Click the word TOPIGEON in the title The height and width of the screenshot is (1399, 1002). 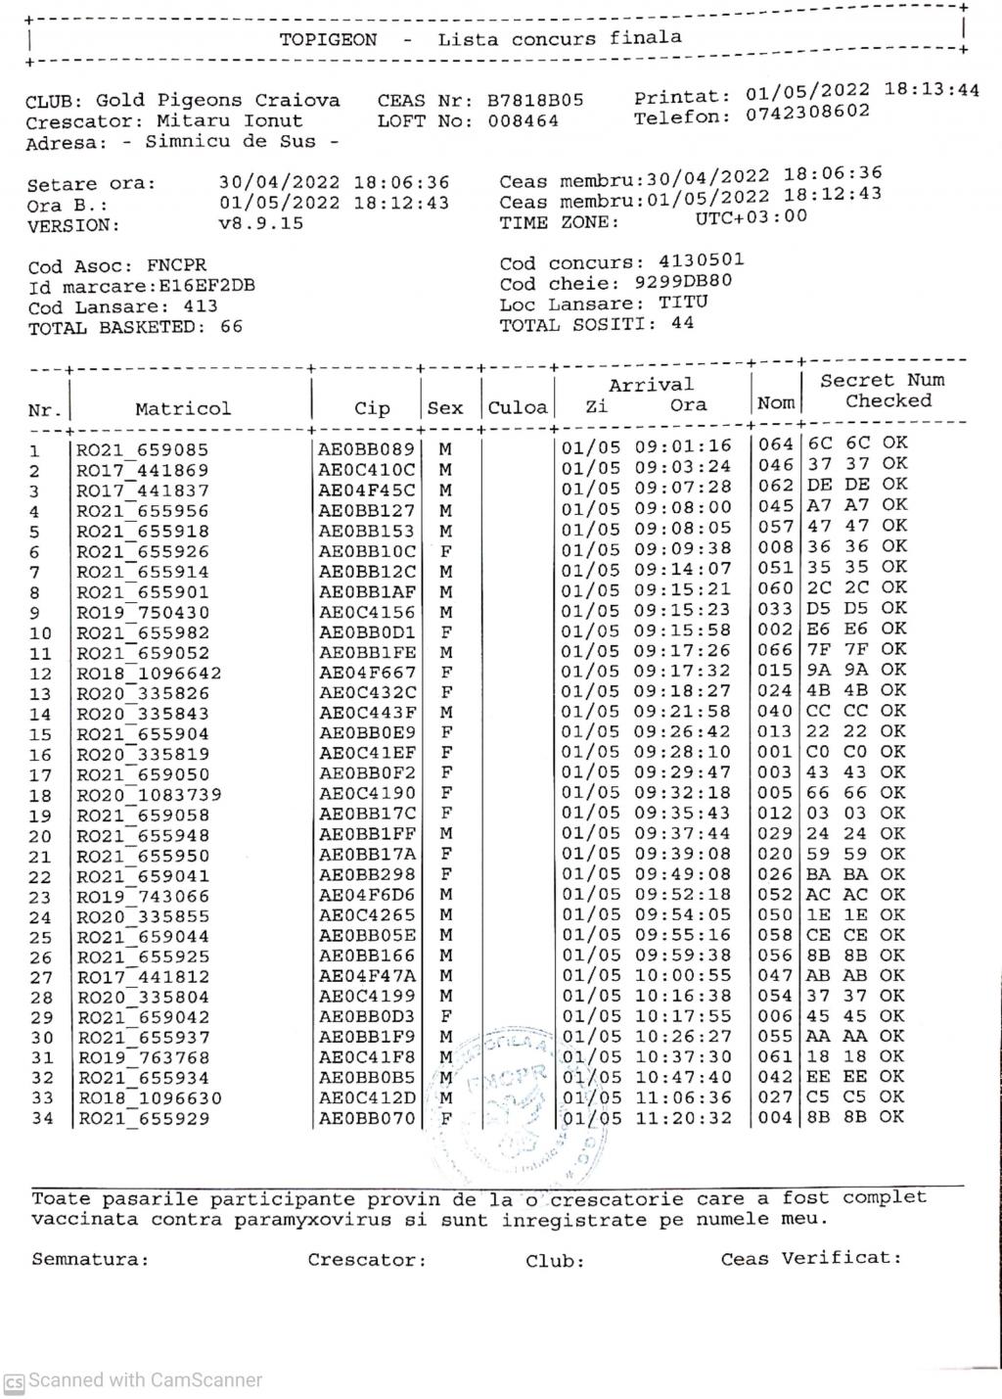tap(328, 40)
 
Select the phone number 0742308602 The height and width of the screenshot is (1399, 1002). tap(807, 113)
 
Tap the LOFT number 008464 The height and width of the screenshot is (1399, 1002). tap(524, 121)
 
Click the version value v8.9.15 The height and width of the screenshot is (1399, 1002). tap(261, 223)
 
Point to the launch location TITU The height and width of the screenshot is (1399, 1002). tap(683, 303)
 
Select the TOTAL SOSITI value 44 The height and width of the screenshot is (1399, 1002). tap(682, 323)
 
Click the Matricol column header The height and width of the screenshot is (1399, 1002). tap(183, 408)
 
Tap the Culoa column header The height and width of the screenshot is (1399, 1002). tap(518, 407)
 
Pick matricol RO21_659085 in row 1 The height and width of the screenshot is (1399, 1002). tap(143, 451)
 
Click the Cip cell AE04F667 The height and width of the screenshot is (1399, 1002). tap(367, 673)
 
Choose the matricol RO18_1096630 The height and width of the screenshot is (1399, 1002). tap(150, 1098)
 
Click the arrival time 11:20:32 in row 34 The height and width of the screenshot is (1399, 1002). tap(683, 1117)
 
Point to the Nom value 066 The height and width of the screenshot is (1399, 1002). tap(775, 649)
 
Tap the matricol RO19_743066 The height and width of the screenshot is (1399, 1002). tap(143, 897)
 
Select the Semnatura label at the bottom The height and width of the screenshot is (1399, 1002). tap(90, 1259)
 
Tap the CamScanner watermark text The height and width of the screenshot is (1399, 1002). tap(144, 1380)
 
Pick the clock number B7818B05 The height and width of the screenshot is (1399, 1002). tap(535, 100)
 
